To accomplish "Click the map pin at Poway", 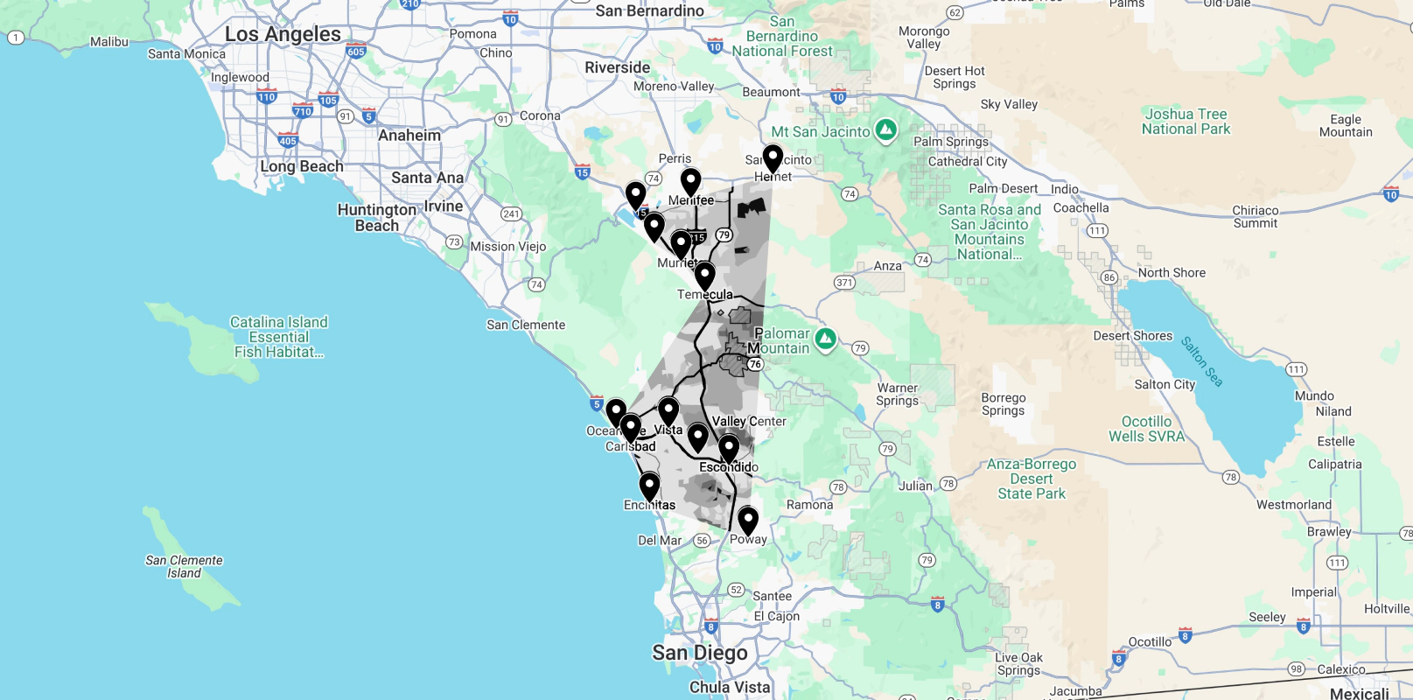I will click(748, 520).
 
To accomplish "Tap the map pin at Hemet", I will click(773, 158).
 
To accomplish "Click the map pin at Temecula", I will click(704, 276).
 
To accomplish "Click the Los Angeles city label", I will click(283, 34).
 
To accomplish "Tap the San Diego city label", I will click(699, 653).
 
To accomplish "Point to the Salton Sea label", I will click(1201, 360).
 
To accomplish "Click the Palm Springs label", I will click(950, 142).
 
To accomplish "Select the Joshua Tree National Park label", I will click(1186, 122).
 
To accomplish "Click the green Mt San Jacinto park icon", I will click(886, 130).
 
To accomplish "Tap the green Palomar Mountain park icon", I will click(825, 338).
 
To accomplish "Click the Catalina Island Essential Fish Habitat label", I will click(278, 337).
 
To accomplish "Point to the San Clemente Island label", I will click(184, 566).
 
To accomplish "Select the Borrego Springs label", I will click(1003, 404).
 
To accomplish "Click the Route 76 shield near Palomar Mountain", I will click(755, 364).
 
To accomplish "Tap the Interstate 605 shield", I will click(355, 52).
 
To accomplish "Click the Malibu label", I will click(109, 41).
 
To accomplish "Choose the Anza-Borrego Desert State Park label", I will click(1032, 479).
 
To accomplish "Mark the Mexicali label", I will click(1359, 693).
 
